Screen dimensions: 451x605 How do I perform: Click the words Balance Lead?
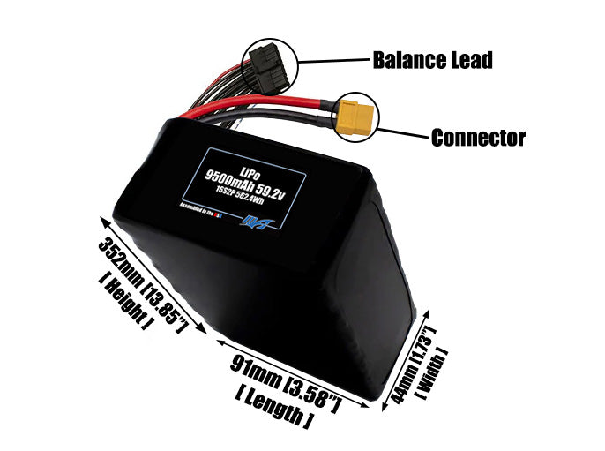(431, 60)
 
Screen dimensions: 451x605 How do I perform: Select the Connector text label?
(478, 138)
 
